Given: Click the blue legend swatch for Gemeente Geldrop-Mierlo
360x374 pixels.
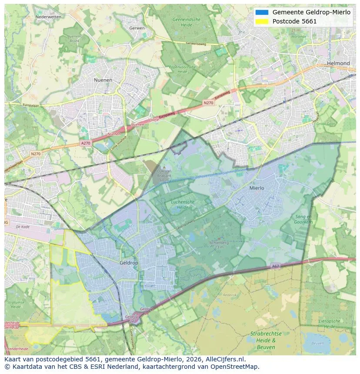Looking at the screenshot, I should (262, 12).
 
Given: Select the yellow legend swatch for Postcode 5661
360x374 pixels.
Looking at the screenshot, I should (262, 21).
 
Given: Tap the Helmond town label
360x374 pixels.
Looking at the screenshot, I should (338, 63).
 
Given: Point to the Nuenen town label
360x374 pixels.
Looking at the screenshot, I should (103, 80).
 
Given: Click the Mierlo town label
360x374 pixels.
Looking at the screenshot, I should (257, 188).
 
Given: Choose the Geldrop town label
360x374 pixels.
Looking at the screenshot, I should (129, 263).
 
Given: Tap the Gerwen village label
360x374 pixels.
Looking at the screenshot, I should (137, 28).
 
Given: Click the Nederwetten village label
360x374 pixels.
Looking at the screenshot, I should (48, 17).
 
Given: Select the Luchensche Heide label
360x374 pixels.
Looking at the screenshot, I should (183, 205).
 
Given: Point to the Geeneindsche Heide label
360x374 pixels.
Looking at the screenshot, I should (187, 22).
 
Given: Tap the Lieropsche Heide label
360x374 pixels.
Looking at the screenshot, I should (329, 324).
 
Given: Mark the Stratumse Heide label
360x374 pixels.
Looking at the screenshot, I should (16, 304).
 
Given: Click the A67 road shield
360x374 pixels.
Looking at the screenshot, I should (275, 266).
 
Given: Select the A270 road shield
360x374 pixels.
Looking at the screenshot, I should (86, 142).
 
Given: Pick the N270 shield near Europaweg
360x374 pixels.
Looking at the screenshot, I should (208, 103).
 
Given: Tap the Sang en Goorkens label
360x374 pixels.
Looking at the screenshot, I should (304, 219).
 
